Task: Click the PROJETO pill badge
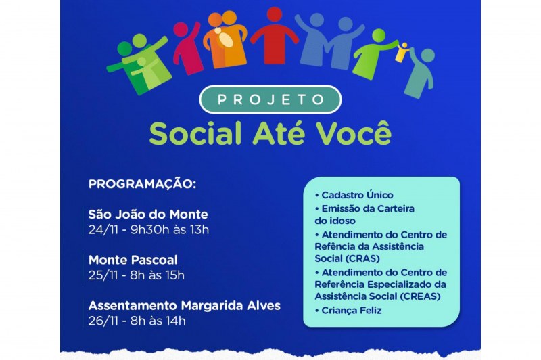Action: click(270, 99)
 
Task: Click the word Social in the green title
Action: click(195, 133)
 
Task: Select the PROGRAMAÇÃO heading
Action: click(142, 184)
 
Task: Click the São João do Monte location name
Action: click(148, 215)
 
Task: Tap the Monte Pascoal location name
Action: click(133, 260)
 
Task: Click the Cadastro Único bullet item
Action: click(354, 195)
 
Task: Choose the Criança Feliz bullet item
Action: click(348, 311)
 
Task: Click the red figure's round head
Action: click(275, 14)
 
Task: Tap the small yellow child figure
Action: click(403, 53)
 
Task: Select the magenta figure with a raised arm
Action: click(187, 47)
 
